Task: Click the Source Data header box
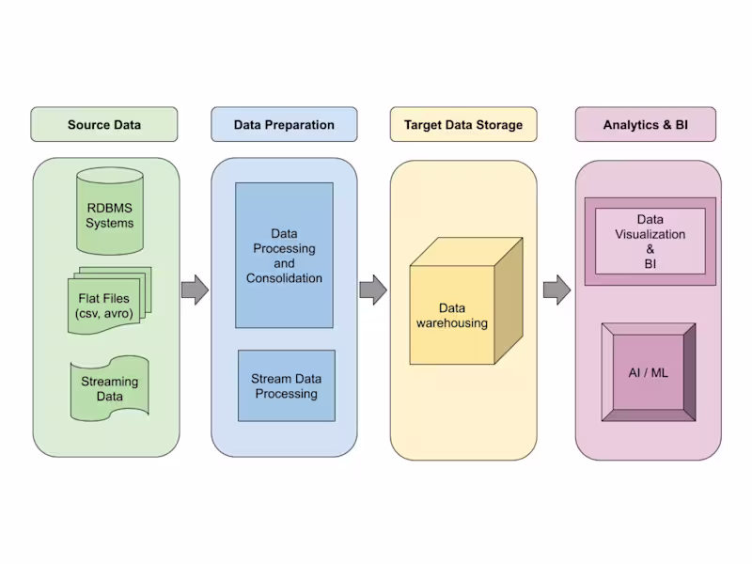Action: click(103, 125)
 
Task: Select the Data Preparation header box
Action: click(283, 125)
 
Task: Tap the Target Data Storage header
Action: click(463, 125)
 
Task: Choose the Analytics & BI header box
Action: click(645, 125)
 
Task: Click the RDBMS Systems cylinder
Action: click(110, 212)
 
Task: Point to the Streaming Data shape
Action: click(109, 387)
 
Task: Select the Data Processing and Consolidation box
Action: click(284, 255)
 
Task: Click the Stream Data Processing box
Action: click(286, 386)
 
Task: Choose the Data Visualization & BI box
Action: click(650, 243)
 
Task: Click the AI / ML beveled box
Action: click(649, 372)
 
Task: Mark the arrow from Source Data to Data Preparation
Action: click(195, 290)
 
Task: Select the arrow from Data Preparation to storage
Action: click(373, 290)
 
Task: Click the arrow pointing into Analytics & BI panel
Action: click(556, 290)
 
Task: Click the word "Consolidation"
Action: click(284, 278)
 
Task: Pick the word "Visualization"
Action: click(650, 234)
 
